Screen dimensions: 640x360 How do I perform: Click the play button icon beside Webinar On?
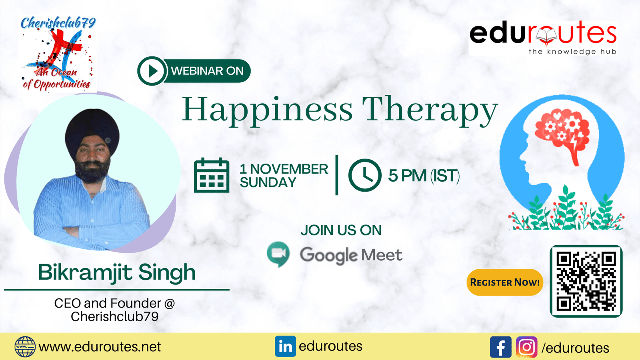click(x=152, y=71)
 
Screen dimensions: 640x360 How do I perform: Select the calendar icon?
click(x=212, y=175)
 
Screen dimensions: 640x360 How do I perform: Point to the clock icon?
click(x=364, y=175)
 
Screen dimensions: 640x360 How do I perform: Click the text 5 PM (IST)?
click(x=424, y=176)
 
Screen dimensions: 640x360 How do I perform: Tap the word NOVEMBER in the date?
click(x=289, y=169)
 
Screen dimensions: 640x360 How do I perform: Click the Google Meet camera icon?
click(x=278, y=254)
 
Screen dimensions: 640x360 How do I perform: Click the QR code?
click(x=586, y=281)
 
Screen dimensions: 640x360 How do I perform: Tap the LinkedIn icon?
click(x=285, y=346)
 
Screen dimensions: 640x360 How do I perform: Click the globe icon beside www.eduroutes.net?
click(x=25, y=347)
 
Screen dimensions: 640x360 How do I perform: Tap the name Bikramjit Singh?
click(x=117, y=272)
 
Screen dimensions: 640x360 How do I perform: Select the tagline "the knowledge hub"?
click(x=572, y=52)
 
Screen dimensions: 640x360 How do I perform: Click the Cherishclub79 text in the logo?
click(x=58, y=23)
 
